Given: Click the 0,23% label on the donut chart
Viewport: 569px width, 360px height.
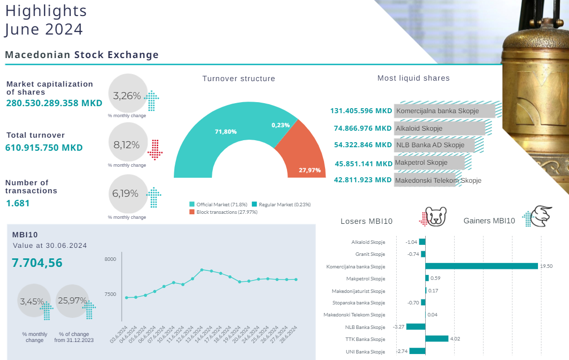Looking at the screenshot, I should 280,125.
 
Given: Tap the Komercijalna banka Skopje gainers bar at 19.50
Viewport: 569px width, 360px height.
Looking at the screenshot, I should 481,266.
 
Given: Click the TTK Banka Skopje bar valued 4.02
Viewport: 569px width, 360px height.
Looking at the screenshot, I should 437,338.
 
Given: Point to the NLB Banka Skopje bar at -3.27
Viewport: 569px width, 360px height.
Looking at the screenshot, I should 416,326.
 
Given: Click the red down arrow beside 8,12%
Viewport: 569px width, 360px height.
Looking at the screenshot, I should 155,149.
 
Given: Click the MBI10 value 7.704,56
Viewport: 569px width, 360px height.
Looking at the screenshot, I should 37,262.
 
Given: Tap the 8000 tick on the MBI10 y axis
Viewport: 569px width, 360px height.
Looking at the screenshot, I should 110,259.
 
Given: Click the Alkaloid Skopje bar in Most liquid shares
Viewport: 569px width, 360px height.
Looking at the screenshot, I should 440,129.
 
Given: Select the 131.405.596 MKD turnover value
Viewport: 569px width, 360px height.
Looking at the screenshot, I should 361,111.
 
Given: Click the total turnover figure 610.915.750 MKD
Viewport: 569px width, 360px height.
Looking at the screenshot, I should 44,148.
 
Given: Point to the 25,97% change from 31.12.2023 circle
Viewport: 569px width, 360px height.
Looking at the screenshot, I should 72,301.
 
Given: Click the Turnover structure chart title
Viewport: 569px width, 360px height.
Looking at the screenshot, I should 238,79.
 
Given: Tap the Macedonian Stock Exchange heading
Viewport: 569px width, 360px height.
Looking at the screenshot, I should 82,55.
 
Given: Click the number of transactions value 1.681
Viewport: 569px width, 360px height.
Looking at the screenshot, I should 18,203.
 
